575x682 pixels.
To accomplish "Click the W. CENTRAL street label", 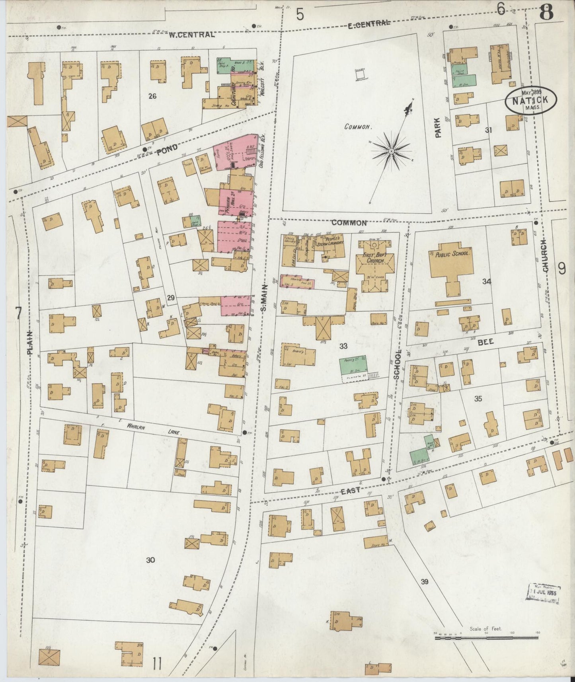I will coord(191,35).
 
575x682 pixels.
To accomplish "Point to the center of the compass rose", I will coord(392,151).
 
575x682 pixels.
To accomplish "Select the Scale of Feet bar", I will coord(486,638).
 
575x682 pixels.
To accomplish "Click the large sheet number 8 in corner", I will coord(546,14).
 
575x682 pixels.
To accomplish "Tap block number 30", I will coord(150,560).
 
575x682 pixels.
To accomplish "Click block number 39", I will coord(425,582).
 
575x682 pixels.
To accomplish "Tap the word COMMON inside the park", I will coord(358,127).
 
